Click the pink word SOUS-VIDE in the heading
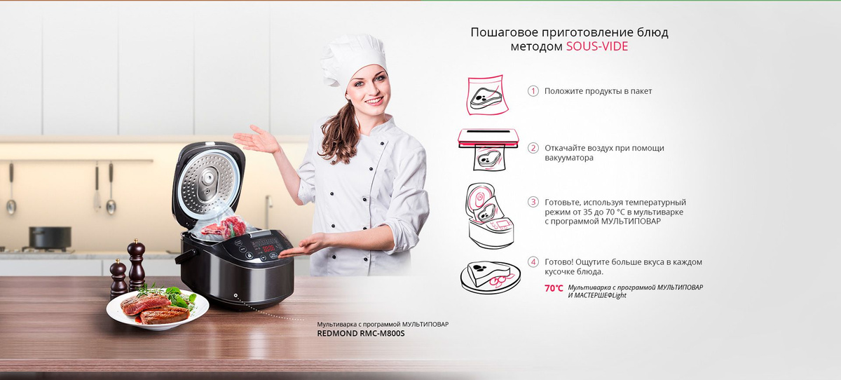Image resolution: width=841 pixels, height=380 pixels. [597, 46]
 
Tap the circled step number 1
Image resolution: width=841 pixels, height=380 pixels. [533, 91]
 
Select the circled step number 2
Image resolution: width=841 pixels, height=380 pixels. [533, 148]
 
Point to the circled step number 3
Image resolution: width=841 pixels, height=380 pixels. [533, 202]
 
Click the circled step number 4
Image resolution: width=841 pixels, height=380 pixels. [533, 262]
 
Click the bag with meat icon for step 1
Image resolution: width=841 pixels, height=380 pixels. [487, 95]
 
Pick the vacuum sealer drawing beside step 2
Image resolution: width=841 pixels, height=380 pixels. [488, 149]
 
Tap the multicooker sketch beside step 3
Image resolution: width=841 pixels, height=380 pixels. [489, 215]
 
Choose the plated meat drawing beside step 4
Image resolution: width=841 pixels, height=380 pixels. [491, 277]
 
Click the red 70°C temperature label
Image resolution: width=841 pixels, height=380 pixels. [554, 288]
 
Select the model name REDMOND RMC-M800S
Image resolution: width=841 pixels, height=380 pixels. [361, 334]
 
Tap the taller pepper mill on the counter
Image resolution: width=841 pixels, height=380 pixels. [136, 265]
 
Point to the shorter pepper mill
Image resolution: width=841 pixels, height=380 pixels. [118, 279]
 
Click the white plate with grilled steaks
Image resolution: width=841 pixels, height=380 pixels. [157, 309]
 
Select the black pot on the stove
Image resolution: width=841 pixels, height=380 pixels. [50, 237]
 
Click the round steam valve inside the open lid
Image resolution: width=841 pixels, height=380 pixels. [207, 181]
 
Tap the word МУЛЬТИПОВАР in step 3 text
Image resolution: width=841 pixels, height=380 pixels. [631, 221]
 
